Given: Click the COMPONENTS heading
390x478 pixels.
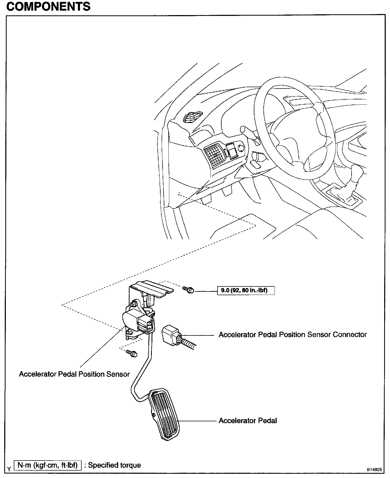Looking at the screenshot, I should [x=48, y=7].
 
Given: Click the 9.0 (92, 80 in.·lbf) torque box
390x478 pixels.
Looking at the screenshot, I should [x=246, y=290].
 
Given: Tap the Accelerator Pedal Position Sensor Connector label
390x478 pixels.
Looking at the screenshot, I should [x=292, y=335].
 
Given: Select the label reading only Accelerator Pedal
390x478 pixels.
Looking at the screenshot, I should [x=247, y=421].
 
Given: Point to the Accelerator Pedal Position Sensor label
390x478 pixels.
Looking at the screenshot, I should [x=74, y=374].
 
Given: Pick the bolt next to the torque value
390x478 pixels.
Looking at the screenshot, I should [x=189, y=290].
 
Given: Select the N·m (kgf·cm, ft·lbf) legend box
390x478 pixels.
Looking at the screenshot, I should [x=48, y=465].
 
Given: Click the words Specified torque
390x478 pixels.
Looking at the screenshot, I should [x=114, y=465].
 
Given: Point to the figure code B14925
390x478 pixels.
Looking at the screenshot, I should [x=374, y=469].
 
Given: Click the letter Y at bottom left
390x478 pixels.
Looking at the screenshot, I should [x=9, y=469].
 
